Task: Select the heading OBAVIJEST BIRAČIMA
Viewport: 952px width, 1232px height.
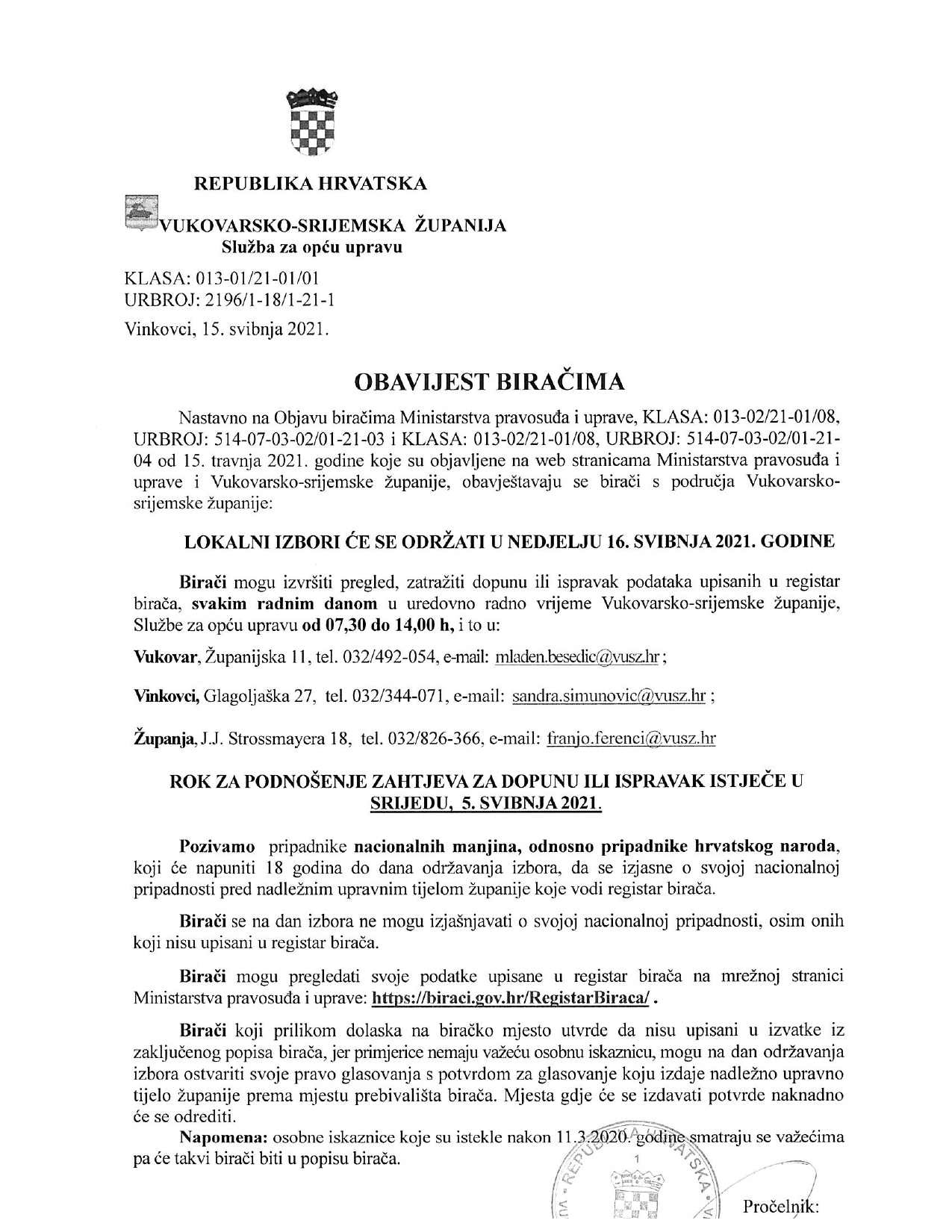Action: point(488,382)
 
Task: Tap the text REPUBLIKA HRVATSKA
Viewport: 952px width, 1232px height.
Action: point(311,183)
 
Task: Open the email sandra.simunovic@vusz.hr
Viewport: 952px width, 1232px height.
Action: point(609,697)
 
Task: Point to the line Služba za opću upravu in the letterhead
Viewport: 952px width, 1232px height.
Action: point(311,246)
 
